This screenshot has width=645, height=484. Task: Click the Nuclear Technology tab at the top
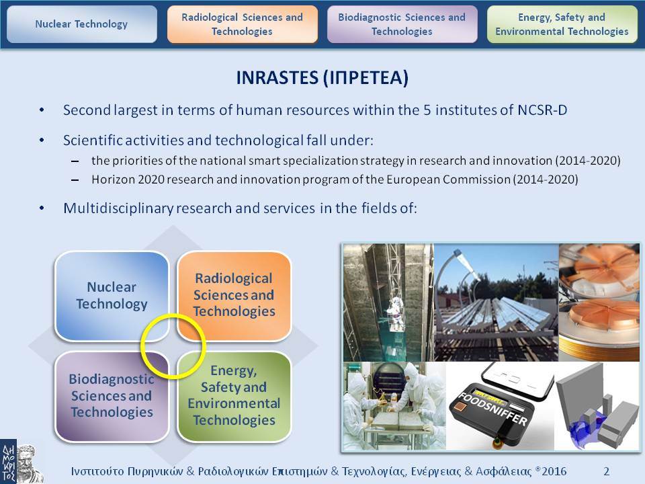tap(82, 24)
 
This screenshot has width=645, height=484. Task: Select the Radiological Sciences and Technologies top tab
tap(243, 24)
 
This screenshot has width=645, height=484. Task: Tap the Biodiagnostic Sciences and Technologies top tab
tap(402, 24)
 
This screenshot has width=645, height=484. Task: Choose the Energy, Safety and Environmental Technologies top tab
tap(562, 24)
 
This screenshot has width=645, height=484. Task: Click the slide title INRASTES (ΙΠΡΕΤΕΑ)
tap(322, 77)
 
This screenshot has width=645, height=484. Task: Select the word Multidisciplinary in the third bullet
tap(118, 208)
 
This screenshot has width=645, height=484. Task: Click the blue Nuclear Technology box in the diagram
tap(112, 296)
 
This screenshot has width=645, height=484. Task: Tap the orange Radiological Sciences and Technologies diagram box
tap(234, 296)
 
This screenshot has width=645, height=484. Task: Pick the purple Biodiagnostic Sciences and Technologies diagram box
tap(112, 397)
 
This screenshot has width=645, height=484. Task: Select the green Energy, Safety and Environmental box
tap(234, 397)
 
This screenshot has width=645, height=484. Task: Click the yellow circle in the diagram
tap(142, 346)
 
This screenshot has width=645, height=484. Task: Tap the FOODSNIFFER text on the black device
tap(492, 409)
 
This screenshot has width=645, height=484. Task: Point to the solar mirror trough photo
tap(496, 302)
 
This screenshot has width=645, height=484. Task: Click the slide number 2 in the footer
tap(606, 471)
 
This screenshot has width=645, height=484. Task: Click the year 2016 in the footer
tap(554, 471)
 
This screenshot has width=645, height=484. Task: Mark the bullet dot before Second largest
tap(42, 110)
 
